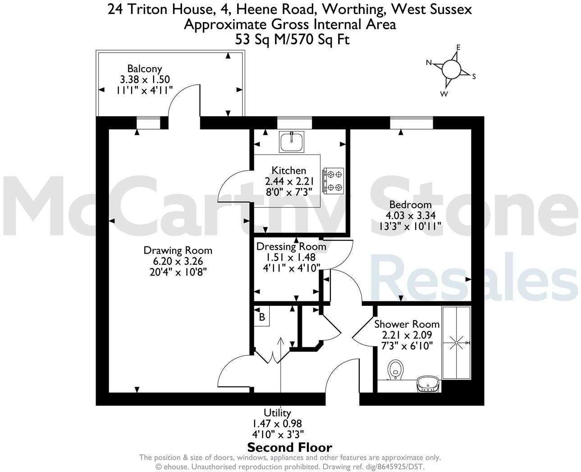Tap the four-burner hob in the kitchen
(x=333, y=181)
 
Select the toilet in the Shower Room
(x=395, y=369)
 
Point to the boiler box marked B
(x=261, y=317)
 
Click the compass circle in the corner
(x=451, y=69)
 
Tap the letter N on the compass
(x=429, y=63)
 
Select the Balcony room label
(x=144, y=69)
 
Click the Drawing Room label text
(x=178, y=250)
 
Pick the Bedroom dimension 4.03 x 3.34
(x=410, y=215)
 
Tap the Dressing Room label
(x=291, y=247)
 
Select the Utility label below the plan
(x=277, y=413)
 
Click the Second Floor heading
(x=290, y=448)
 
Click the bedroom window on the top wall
(x=411, y=122)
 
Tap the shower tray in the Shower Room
(x=456, y=343)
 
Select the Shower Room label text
(x=407, y=324)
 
